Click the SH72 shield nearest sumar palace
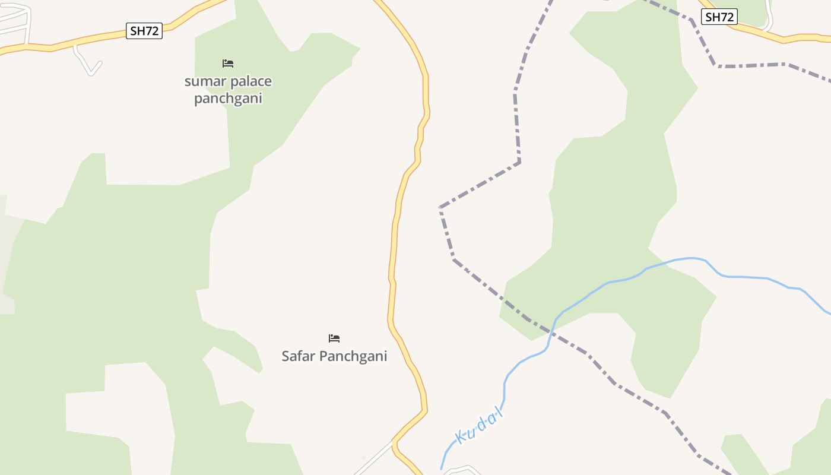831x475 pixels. (x=144, y=31)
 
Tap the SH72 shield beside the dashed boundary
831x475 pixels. (x=719, y=17)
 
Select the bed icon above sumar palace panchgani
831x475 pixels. (x=228, y=63)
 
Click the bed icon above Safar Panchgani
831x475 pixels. (x=334, y=338)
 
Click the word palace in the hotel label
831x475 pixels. (x=252, y=82)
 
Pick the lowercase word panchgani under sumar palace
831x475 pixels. (x=228, y=99)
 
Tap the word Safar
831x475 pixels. (x=299, y=356)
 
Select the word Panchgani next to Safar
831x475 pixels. (x=353, y=356)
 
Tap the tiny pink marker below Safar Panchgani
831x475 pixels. (x=364, y=457)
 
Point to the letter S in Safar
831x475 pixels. (x=286, y=356)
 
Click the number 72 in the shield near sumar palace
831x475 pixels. (x=152, y=31)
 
